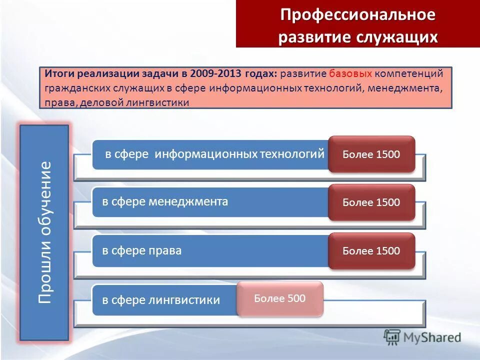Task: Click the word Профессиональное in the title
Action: (357, 14)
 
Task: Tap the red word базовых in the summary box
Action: (350, 74)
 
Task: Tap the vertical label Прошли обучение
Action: (44, 233)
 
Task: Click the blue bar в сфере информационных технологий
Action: (210, 154)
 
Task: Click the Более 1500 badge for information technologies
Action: (371, 154)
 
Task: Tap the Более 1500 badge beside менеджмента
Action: (371, 202)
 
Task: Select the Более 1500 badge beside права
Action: (371, 251)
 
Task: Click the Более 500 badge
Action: (280, 299)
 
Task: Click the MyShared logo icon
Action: (392, 337)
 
